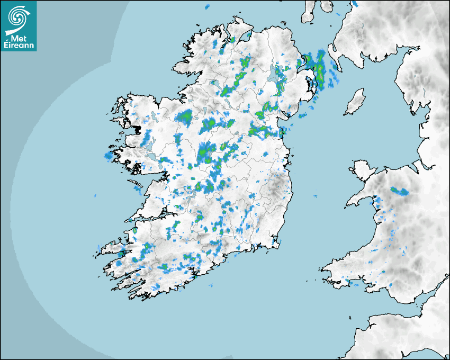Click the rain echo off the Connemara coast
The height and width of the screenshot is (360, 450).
109,156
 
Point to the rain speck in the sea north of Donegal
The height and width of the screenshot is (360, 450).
207,7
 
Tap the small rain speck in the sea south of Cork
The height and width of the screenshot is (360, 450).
210,286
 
